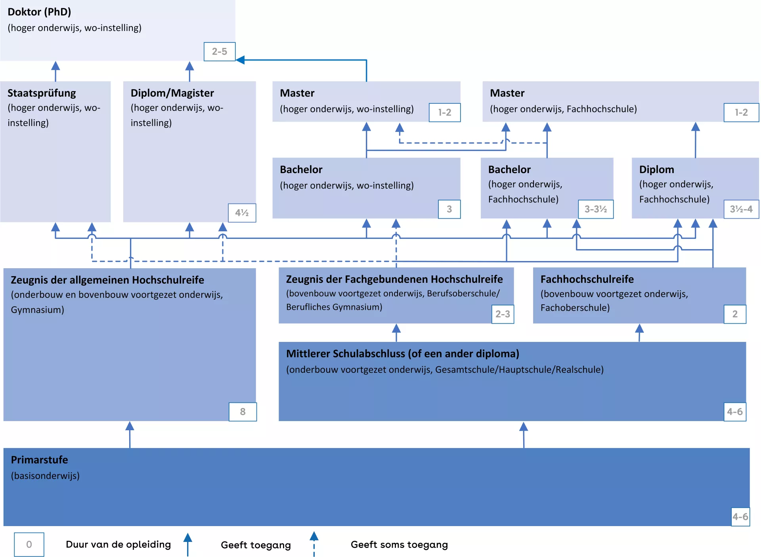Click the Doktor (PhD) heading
[39, 12]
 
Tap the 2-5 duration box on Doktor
[220, 52]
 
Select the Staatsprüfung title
[42, 93]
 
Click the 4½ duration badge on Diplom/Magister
[242, 213]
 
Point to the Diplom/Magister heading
[172, 93]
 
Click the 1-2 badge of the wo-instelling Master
[445, 113]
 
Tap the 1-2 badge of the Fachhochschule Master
[741, 113]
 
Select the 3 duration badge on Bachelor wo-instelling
[449, 209]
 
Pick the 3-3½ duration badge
[595, 209]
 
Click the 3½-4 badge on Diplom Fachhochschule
[741, 209]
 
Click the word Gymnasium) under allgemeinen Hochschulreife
[37, 310]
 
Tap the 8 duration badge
[243, 412]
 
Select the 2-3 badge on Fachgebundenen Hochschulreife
[503, 314]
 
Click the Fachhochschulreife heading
[587, 279]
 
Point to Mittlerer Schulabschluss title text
[402, 354]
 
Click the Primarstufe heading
[39, 460]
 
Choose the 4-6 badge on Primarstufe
[740, 517]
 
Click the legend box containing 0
[29, 544]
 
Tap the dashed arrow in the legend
[314, 544]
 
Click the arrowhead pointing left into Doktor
[240, 60]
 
